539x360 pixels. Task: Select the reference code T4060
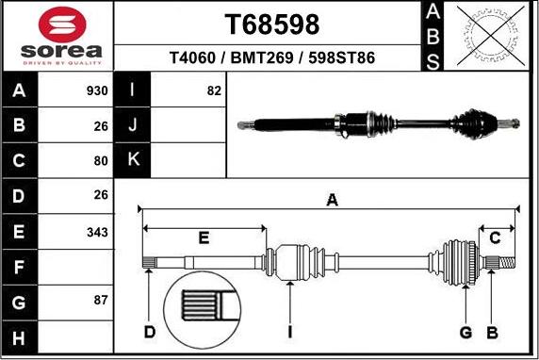coord(192,57)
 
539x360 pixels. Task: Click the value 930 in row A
coord(97,91)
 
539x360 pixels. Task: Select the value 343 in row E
coord(97,231)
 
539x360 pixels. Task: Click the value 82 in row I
coord(214,91)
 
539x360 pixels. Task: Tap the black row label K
coord(133,160)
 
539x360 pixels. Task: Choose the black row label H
coord(20,336)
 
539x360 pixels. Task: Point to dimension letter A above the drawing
coord(332,199)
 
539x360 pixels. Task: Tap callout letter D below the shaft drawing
coord(149,331)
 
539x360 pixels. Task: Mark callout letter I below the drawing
coord(291,331)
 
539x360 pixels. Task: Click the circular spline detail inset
coord(204,312)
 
